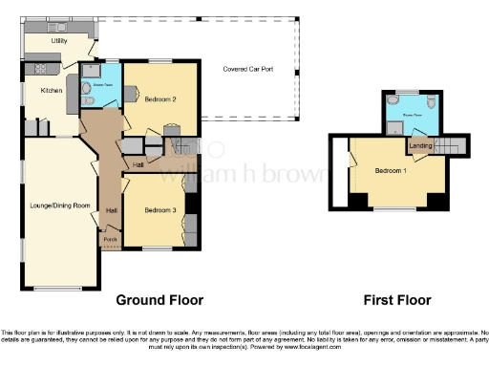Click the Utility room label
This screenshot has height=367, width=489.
click(58, 42)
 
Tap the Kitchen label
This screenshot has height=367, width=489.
click(51, 91)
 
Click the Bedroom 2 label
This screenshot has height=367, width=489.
click(160, 97)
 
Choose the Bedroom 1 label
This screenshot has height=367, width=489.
click(390, 170)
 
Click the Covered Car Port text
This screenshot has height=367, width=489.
click(247, 70)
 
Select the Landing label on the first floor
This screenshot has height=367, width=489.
click(419, 145)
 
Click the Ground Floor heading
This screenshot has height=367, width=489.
click(159, 299)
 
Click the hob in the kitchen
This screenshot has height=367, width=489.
click(41, 68)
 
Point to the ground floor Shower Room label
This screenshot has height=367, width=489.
click(96, 81)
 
